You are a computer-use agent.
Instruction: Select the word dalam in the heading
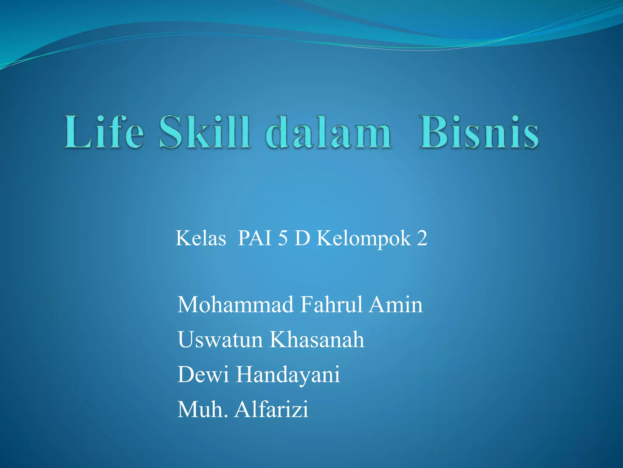coord(329,133)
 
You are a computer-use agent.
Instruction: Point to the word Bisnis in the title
coord(479,133)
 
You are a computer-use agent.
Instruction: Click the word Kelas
coord(201,238)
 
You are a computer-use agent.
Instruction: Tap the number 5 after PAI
coord(283,238)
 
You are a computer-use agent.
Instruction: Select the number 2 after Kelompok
coord(422,238)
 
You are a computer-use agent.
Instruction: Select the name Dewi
coord(203,374)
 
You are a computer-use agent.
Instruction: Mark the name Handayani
coord(288,375)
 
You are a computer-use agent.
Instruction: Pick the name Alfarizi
coord(271,409)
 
